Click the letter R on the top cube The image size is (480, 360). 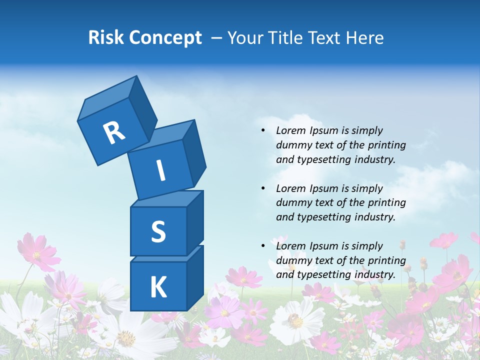click(114, 132)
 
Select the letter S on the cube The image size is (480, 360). click(158, 231)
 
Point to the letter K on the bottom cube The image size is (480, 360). click(158, 287)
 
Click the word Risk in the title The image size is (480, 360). click(105, 38)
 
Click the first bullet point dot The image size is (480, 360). click(263, 130)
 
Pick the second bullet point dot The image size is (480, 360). click(263, 188)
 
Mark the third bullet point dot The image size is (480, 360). click(263, 246)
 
